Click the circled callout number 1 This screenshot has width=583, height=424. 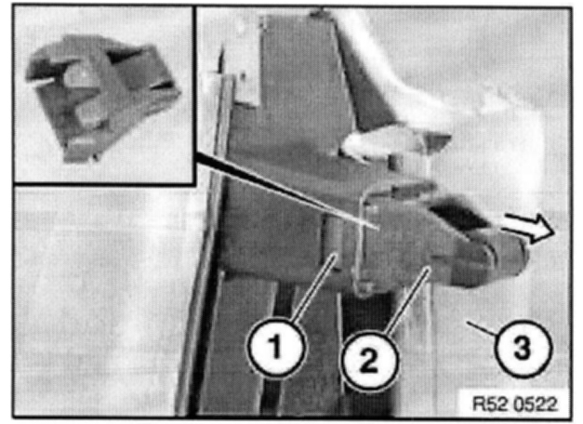click(276, 347)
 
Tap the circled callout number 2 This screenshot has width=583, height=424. click(369, 360)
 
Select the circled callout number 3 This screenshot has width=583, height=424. click(523, 348)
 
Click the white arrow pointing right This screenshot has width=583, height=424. click(528, 228)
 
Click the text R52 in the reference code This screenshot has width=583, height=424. click(487, 404)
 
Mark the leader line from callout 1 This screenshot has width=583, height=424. click(314, 285)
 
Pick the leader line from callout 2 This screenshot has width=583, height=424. click(407, 299)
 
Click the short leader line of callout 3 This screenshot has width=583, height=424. click(482, 329)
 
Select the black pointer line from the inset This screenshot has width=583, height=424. click(287, 191)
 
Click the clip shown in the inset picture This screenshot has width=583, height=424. click(102, 98)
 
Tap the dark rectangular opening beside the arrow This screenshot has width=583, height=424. click(459, 214)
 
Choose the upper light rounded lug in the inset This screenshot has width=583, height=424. click(80, 75)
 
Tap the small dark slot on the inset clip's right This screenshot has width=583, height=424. click(163, 86)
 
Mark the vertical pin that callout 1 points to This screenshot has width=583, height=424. click(334, 238)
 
